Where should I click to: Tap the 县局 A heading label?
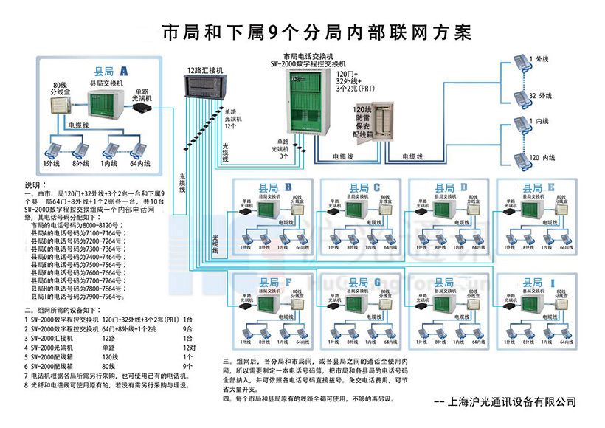coord(111,71)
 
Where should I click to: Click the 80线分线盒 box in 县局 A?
coord(59,106)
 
